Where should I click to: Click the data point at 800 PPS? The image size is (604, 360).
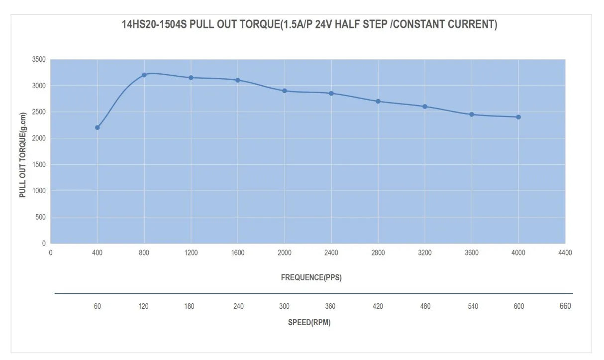[x=144, y=75]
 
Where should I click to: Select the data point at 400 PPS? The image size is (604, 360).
[x=98, y=127]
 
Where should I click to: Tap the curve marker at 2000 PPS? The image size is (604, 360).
[x=285, y=91]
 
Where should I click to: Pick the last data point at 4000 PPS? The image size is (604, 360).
[x=518, y=117]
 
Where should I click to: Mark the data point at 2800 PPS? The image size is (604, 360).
[x=378, y=101]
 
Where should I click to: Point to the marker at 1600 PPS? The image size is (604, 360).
[x=238, y=80]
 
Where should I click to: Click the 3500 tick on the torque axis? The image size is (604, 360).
[x=39, y=59]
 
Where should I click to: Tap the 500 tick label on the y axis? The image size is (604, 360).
[x=40, y=217]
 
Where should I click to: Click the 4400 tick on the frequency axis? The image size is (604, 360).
[x=565, y=253]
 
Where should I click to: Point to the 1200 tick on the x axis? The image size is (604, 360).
[x=191, y=253]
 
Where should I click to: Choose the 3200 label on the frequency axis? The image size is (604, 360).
[x=425, y=253]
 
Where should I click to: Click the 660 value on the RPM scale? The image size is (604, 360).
[x=565, y=306]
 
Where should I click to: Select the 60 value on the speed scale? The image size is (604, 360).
[x=98, y=306]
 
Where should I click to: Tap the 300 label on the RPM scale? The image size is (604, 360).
[x=285, y=306]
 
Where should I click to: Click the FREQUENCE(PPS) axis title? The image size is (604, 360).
[x=311, y=277]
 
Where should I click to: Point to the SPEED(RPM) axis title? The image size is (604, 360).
[x=309, y=322]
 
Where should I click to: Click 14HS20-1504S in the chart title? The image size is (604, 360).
[x=155, y=24]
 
